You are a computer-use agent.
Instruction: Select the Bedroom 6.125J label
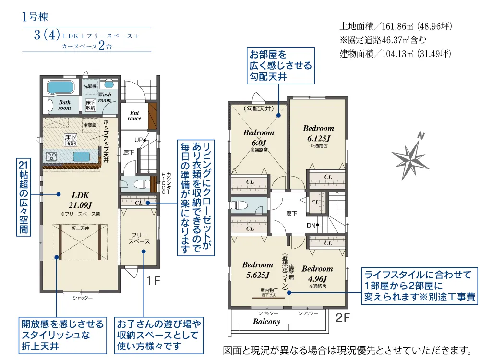pyautogui.click(x=318, y=133)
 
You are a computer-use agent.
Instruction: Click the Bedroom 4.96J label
pyautogui.click(x=317, y=274)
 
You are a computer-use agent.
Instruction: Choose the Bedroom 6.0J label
pyautogui.click(x=259, y=138)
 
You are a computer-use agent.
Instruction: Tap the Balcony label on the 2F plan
pyautogui.click(x=266, y=322)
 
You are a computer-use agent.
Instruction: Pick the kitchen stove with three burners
pyautogui.click(x=51, y=156)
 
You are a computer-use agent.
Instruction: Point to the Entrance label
pyautogui.click(x=134, y=116)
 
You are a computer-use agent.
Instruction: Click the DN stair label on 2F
pyautogui.click(x=311, y=225)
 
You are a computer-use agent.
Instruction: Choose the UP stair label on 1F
pyautogui.click(x=139, y=141)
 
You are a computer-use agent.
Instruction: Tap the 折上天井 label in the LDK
pyautogui.click(x=80, y=228)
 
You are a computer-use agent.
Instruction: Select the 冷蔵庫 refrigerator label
pyautogui.click(x=90, y=125)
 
